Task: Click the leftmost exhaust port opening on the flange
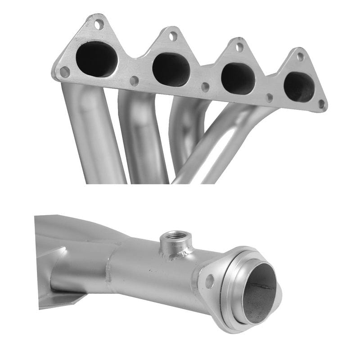tap(96, 59)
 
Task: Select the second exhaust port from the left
tap(171, 69)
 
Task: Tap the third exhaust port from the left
tap(238, 78)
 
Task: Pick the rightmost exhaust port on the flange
tap(299, 86)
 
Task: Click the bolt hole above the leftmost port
tap(99, 24)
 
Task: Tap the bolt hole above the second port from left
tap(173, 36)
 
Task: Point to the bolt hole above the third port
tap(240, 47)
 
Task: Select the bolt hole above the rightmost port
tap(300, 57)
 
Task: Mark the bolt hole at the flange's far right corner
tap(321, 104)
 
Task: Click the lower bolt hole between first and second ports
tap(134, 81)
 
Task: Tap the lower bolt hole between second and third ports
tap(205, 87)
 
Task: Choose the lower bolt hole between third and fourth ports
tap(269, 97)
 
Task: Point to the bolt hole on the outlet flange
tap(209, 281)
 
